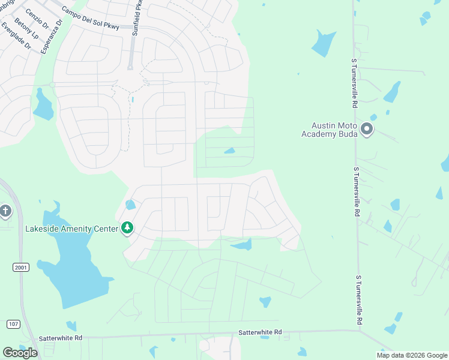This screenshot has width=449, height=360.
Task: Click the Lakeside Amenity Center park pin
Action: (127, 228)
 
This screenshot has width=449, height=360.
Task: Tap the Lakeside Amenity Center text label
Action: (71, 229)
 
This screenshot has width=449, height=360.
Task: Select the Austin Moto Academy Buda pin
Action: (366, 129)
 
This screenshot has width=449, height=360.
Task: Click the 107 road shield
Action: (13, 323)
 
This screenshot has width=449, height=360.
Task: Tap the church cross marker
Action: (5, 211)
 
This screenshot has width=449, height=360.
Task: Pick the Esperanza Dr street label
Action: (52, 37)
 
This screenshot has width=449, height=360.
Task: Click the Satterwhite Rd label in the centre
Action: (260, 332)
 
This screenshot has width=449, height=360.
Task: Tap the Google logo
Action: (20, 352)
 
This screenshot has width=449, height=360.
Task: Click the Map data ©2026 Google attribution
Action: (412, 355)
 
